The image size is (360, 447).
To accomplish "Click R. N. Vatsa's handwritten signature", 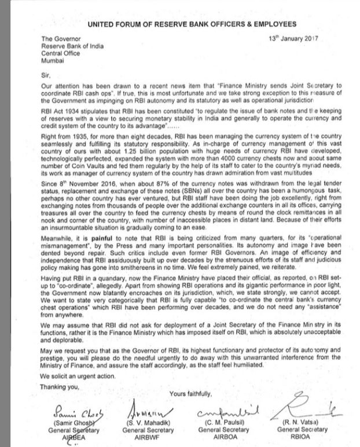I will pyautogui.click(x=307, y=405).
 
